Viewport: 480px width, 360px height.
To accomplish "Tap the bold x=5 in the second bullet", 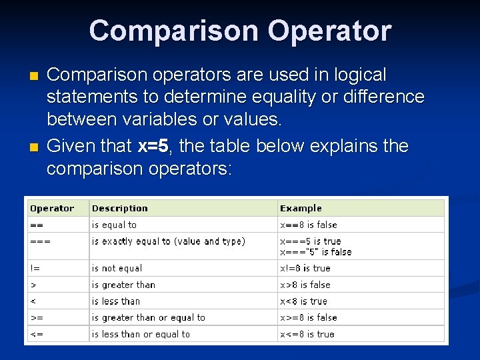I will (153, 146).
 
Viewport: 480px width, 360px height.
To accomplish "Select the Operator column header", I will (52, 209).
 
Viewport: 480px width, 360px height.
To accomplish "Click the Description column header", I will (120, 209).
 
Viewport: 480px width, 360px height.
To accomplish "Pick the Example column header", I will (301, 209).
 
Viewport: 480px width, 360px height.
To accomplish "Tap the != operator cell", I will (35, 269).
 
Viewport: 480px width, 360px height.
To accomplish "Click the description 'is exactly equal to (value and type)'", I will (169, 241).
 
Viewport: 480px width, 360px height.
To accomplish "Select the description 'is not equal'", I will (117, 269).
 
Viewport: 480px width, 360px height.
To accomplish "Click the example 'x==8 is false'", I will (309, 225).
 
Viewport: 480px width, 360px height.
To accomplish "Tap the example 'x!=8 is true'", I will (305, 269).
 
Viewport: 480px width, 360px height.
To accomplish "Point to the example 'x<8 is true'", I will (303, 301).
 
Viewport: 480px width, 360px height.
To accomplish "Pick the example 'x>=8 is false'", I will (309, 318).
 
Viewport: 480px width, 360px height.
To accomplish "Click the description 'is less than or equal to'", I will (141, 334).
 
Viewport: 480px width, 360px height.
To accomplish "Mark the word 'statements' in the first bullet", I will (92, 97).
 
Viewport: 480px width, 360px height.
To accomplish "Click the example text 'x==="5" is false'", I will (316, 252).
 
